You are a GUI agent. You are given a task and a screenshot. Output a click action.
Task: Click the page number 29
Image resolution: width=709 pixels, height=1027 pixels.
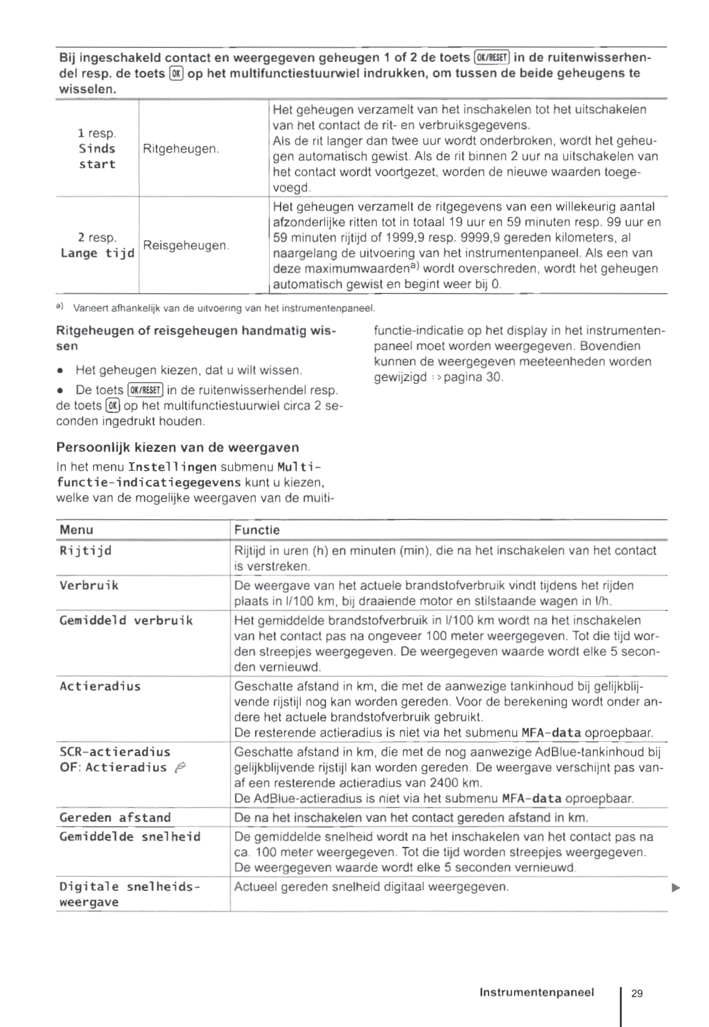coord(636,993)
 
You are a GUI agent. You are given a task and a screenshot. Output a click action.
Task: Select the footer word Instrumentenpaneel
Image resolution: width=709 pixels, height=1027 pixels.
coord(536,992)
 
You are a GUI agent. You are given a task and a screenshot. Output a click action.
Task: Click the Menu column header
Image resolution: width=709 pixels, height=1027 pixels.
coord(76,530)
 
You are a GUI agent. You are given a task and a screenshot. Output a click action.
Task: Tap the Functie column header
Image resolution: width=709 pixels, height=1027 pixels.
coord(257,530)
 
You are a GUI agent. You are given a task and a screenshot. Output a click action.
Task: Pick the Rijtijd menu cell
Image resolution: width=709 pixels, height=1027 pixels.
coord(86,551)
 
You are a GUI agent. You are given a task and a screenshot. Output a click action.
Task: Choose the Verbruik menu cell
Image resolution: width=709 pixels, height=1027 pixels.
coord(89,586)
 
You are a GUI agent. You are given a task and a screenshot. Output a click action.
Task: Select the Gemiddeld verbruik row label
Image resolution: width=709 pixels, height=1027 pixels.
coord(126,620)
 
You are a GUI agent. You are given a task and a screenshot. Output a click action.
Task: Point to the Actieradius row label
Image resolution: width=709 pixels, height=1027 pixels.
coord(100,686)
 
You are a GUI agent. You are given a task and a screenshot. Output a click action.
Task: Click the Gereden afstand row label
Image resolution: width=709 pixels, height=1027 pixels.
coord(115,818)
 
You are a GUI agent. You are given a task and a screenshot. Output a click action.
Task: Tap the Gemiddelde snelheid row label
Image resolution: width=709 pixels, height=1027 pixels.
coord(130,837)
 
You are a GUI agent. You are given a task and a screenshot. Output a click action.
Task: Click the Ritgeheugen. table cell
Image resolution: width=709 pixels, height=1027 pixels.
coord(181,149)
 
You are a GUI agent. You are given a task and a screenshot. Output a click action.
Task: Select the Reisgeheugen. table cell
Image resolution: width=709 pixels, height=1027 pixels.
coord(186,245)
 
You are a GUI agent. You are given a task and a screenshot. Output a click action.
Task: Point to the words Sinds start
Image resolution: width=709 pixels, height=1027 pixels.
coord(97,156)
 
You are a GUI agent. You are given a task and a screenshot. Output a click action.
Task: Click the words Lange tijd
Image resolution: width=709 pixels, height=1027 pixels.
coord(97,253)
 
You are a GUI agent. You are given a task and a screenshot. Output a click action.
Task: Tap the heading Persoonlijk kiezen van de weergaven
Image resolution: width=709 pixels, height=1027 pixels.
coord(178,448)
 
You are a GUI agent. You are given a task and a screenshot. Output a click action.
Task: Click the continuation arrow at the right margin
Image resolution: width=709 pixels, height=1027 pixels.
coord(676,888)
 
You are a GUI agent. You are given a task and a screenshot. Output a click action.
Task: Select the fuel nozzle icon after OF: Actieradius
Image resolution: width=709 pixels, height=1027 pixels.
coord(179,768)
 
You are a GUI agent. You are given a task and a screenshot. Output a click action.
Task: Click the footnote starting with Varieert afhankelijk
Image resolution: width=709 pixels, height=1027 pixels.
coord(224,308)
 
